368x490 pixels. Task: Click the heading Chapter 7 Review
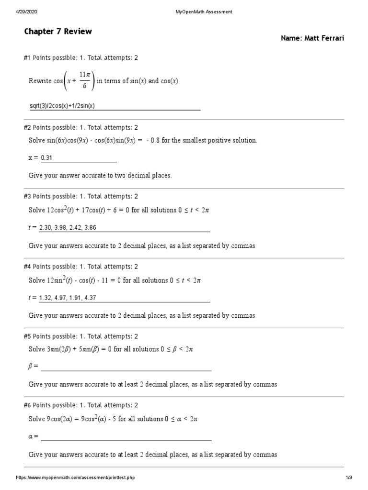point(58,32)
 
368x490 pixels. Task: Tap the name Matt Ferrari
point(312,38)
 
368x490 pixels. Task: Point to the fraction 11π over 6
point(84,81)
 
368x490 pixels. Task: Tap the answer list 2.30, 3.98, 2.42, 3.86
point(71,228)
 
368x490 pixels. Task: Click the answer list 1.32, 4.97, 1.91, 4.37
point(71,298)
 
